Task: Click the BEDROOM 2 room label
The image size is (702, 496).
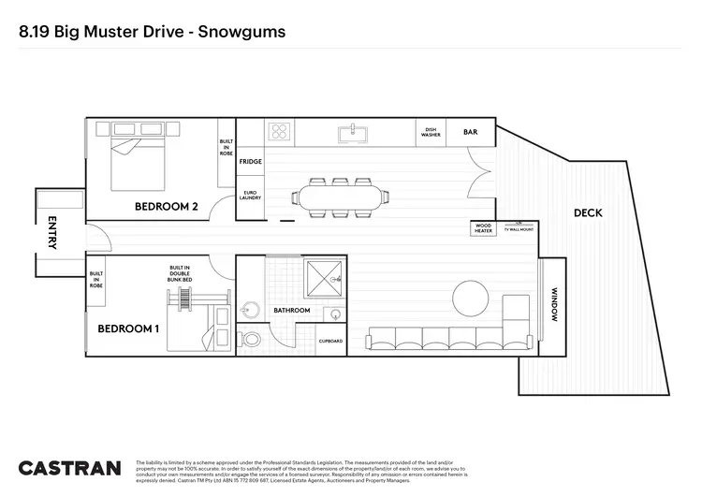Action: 166,207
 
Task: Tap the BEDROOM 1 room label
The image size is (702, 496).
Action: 128,328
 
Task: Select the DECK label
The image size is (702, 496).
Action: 588,213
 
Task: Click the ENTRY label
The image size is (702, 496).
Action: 52,233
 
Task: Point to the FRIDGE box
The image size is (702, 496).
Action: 250,162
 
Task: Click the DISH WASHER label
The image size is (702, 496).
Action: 431,132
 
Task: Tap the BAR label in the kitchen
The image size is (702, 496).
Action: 470,132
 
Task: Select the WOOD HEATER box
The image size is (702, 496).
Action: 483,227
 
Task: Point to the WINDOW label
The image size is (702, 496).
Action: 554,304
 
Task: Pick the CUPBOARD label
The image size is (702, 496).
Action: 331,342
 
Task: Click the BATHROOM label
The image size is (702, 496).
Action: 291,310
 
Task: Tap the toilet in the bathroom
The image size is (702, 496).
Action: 249,339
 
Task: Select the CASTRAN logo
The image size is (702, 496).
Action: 69,467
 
